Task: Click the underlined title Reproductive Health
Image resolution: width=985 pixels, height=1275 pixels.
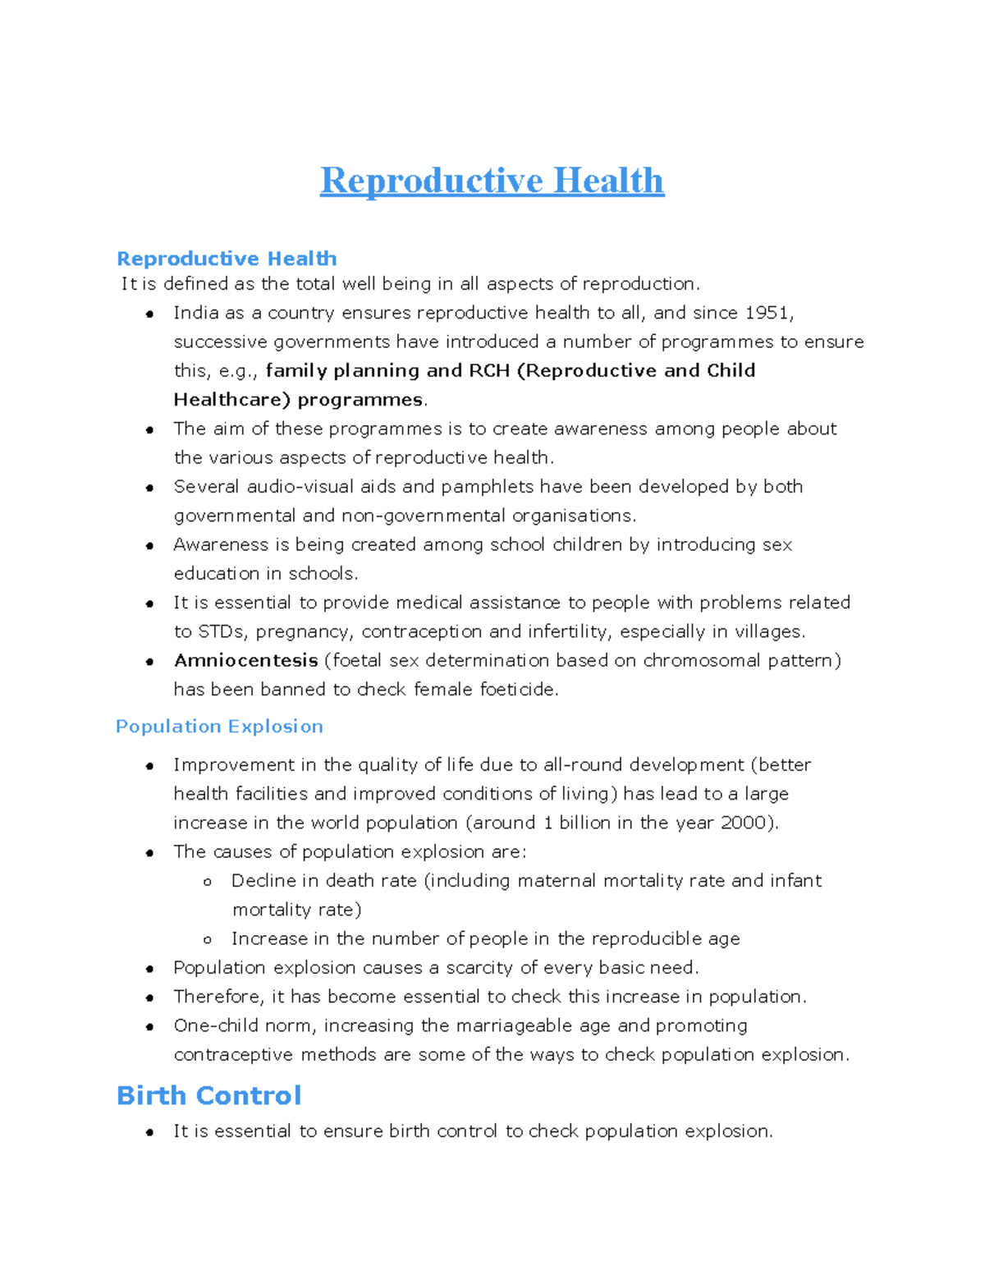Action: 492,181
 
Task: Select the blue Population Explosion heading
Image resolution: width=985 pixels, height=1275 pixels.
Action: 219,727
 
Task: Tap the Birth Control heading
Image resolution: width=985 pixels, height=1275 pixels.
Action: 208,1095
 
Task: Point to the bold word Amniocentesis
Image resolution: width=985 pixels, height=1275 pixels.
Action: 245,661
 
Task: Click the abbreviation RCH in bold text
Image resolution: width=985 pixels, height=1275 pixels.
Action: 489,371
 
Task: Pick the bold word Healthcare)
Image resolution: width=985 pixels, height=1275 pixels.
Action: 231,400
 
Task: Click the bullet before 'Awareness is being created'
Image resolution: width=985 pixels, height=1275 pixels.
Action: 149,546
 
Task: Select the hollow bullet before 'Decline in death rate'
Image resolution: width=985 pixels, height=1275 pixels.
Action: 208,882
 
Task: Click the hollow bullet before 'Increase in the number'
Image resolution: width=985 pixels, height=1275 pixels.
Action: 208,939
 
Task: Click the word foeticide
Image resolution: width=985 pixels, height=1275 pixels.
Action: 518,690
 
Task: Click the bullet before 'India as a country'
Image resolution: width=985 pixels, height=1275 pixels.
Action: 149,314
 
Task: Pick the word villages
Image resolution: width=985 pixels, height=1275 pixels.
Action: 769,632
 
